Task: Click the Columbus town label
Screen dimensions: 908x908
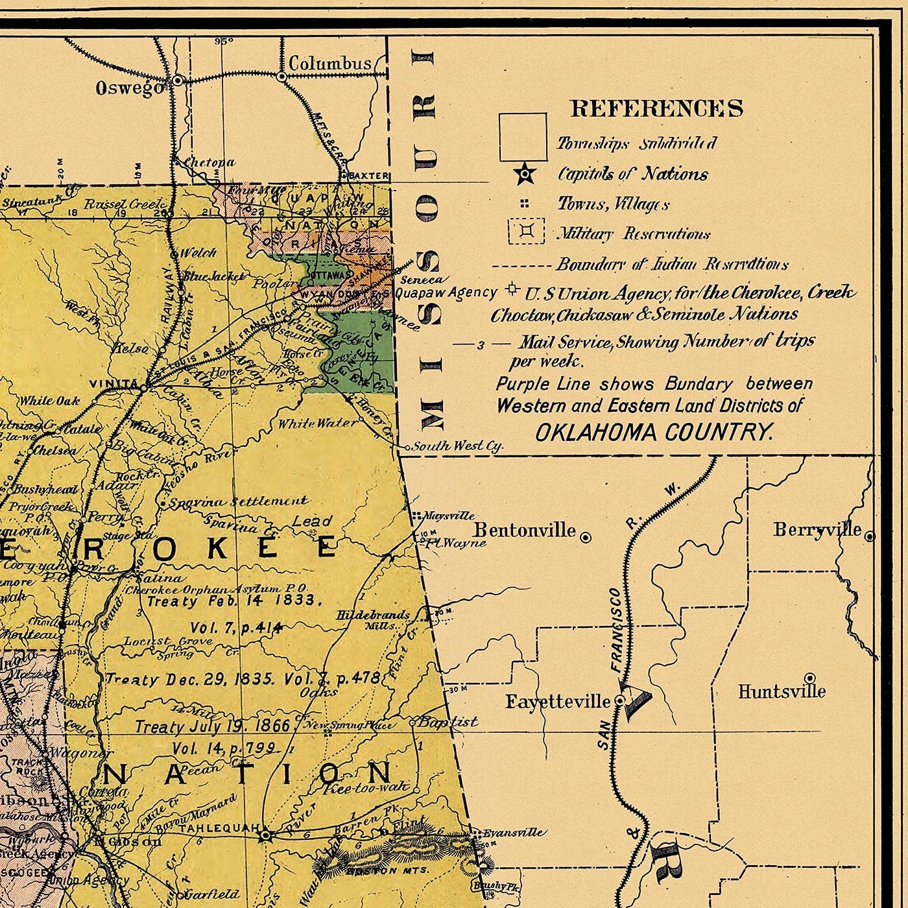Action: pyautogui.click(x=329, y=64)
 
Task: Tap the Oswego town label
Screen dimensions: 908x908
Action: pyautogui.click(x=130, y=88)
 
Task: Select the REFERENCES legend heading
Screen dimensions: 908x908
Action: pyautogui.click(x=656, y=108)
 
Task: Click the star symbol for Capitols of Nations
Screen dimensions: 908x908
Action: pyautogui.click(x=525, y=174)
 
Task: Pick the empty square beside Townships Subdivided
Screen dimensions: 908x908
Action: pyautogui.click(x=523, y=137)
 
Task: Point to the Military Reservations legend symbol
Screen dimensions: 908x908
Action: pyautogui.click(x=526, y=232)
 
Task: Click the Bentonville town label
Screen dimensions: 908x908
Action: pyautogui.click(x=524, y=531)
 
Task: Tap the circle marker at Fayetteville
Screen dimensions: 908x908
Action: pyautogui.click(x=619, y=701)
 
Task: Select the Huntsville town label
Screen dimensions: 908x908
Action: pyautogui.click(x=782, y=692)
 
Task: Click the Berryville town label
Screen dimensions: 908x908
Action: pyautogui.click(x=817, y=530)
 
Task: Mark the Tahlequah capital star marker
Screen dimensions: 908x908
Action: pyautogui.click(x=265, y=835)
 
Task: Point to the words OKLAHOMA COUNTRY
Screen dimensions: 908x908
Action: pyautogui.click(x=654, y=432)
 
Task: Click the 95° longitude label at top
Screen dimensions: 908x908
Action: pyautogui.click(x=224, y=42)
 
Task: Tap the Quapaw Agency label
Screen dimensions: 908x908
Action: pyautogui.click(x=446, y=293)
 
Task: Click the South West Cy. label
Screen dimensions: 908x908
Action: pyautogui.click(x=458, y=446)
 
